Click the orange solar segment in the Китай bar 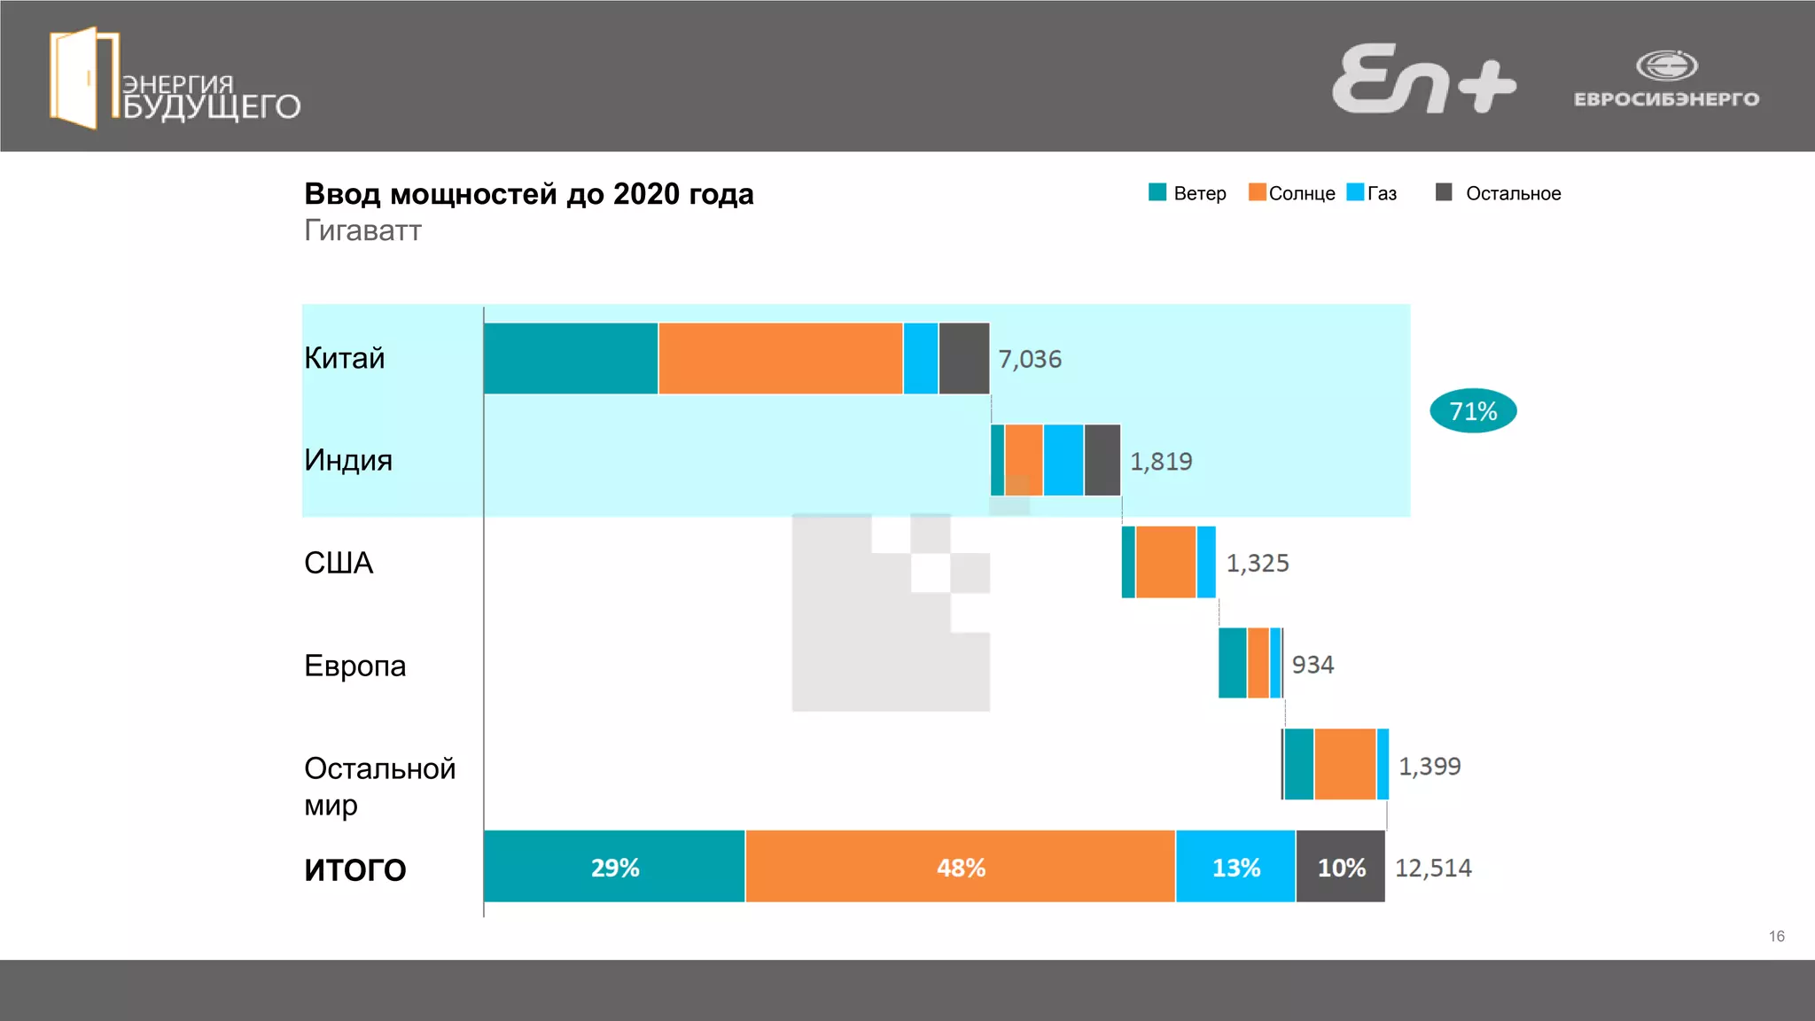coord(780,358)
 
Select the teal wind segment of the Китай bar coord(571,358)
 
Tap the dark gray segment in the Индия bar coord(1102,460)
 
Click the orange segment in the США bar coord(1165,562)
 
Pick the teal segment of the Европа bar coord(1232,663)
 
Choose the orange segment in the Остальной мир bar coord(1344,764)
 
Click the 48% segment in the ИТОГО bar coord(961,867)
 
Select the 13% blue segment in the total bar coord(1235,867)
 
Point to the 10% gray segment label coord(1341,868)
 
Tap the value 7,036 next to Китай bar coord(1030,359)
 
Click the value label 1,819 coord(1161,461)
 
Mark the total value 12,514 coord(1433,868)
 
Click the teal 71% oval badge coord(1473,411)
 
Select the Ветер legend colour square coord(1157,192)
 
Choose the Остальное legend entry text coord(1513,193)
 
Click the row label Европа coord(354,666)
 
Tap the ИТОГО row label coord(354,869)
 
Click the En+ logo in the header coord(1423,80)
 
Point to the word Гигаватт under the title coord(362,230)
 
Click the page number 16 coord(1776,936)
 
